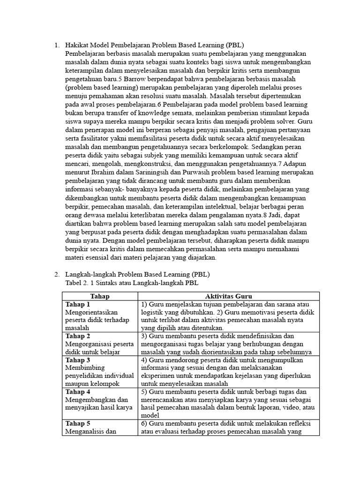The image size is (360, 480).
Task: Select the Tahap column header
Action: (x=100, y=296)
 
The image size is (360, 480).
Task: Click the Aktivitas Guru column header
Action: (x=228, y=296)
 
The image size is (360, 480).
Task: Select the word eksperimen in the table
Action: (x=158, y=376)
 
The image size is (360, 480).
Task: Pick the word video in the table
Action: (x=289, y=408)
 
